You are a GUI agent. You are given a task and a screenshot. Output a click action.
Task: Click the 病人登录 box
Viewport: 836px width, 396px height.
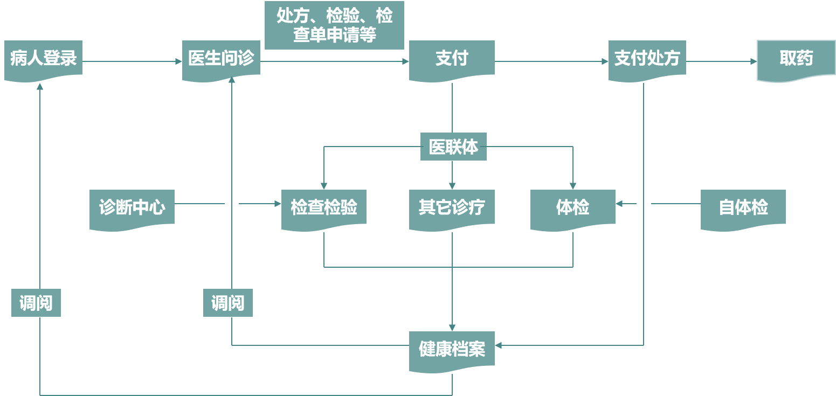pyautogui.click(x=43, y=59)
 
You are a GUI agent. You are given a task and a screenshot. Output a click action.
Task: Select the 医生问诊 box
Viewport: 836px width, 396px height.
pyautogui.click(x=221, y=59)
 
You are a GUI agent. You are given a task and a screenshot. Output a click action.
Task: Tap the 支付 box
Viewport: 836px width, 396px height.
pyautogui.click(x=452, y=59)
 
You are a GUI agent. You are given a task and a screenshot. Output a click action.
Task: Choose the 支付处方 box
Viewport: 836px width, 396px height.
pyautogui.click(x=647, y=59)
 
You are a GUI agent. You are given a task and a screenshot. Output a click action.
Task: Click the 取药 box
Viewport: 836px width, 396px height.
pyautogui.click(x=796, y=59)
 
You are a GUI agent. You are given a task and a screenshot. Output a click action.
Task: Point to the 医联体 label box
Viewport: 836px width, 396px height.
pyautogui.click(x=453, y=147)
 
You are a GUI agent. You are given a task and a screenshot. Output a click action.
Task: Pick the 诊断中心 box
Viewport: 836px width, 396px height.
pyautogui.click(x=132, y=207)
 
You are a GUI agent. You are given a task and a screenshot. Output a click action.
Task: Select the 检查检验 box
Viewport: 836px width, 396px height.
pyautogui.click(x=324, y=207)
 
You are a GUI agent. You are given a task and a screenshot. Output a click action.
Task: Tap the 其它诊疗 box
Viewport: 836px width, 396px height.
pyautogui.click(x=452, y=207)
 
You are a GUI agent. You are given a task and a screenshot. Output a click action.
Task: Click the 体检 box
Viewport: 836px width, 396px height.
pyautogui.click(x=572, y=207)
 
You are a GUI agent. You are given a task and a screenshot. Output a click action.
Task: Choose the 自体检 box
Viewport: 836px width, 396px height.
pyautogui.click(x=743, y=207)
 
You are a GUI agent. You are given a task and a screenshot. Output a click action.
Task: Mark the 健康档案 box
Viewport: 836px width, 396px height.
pyautogui.click(x=452, y=350)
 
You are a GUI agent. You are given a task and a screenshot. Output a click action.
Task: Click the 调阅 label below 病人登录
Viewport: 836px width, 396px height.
pyautogui.click(x=36, y=303)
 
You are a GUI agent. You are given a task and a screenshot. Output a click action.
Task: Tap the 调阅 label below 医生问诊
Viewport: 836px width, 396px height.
pyautogui.click(x=228, y=303)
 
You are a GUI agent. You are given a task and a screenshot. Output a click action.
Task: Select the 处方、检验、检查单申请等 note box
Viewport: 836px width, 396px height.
pyautogui.click(x=334, y=25)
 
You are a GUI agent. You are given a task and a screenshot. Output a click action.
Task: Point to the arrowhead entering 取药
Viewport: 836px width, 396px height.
pyautogui.click(x=754, y=62)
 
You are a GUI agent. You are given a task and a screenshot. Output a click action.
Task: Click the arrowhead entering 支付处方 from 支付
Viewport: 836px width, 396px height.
pyautogui.click(x=605, y=62)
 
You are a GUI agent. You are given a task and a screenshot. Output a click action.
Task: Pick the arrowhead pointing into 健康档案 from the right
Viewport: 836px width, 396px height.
pyautogui.click(x=499, y=345)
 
